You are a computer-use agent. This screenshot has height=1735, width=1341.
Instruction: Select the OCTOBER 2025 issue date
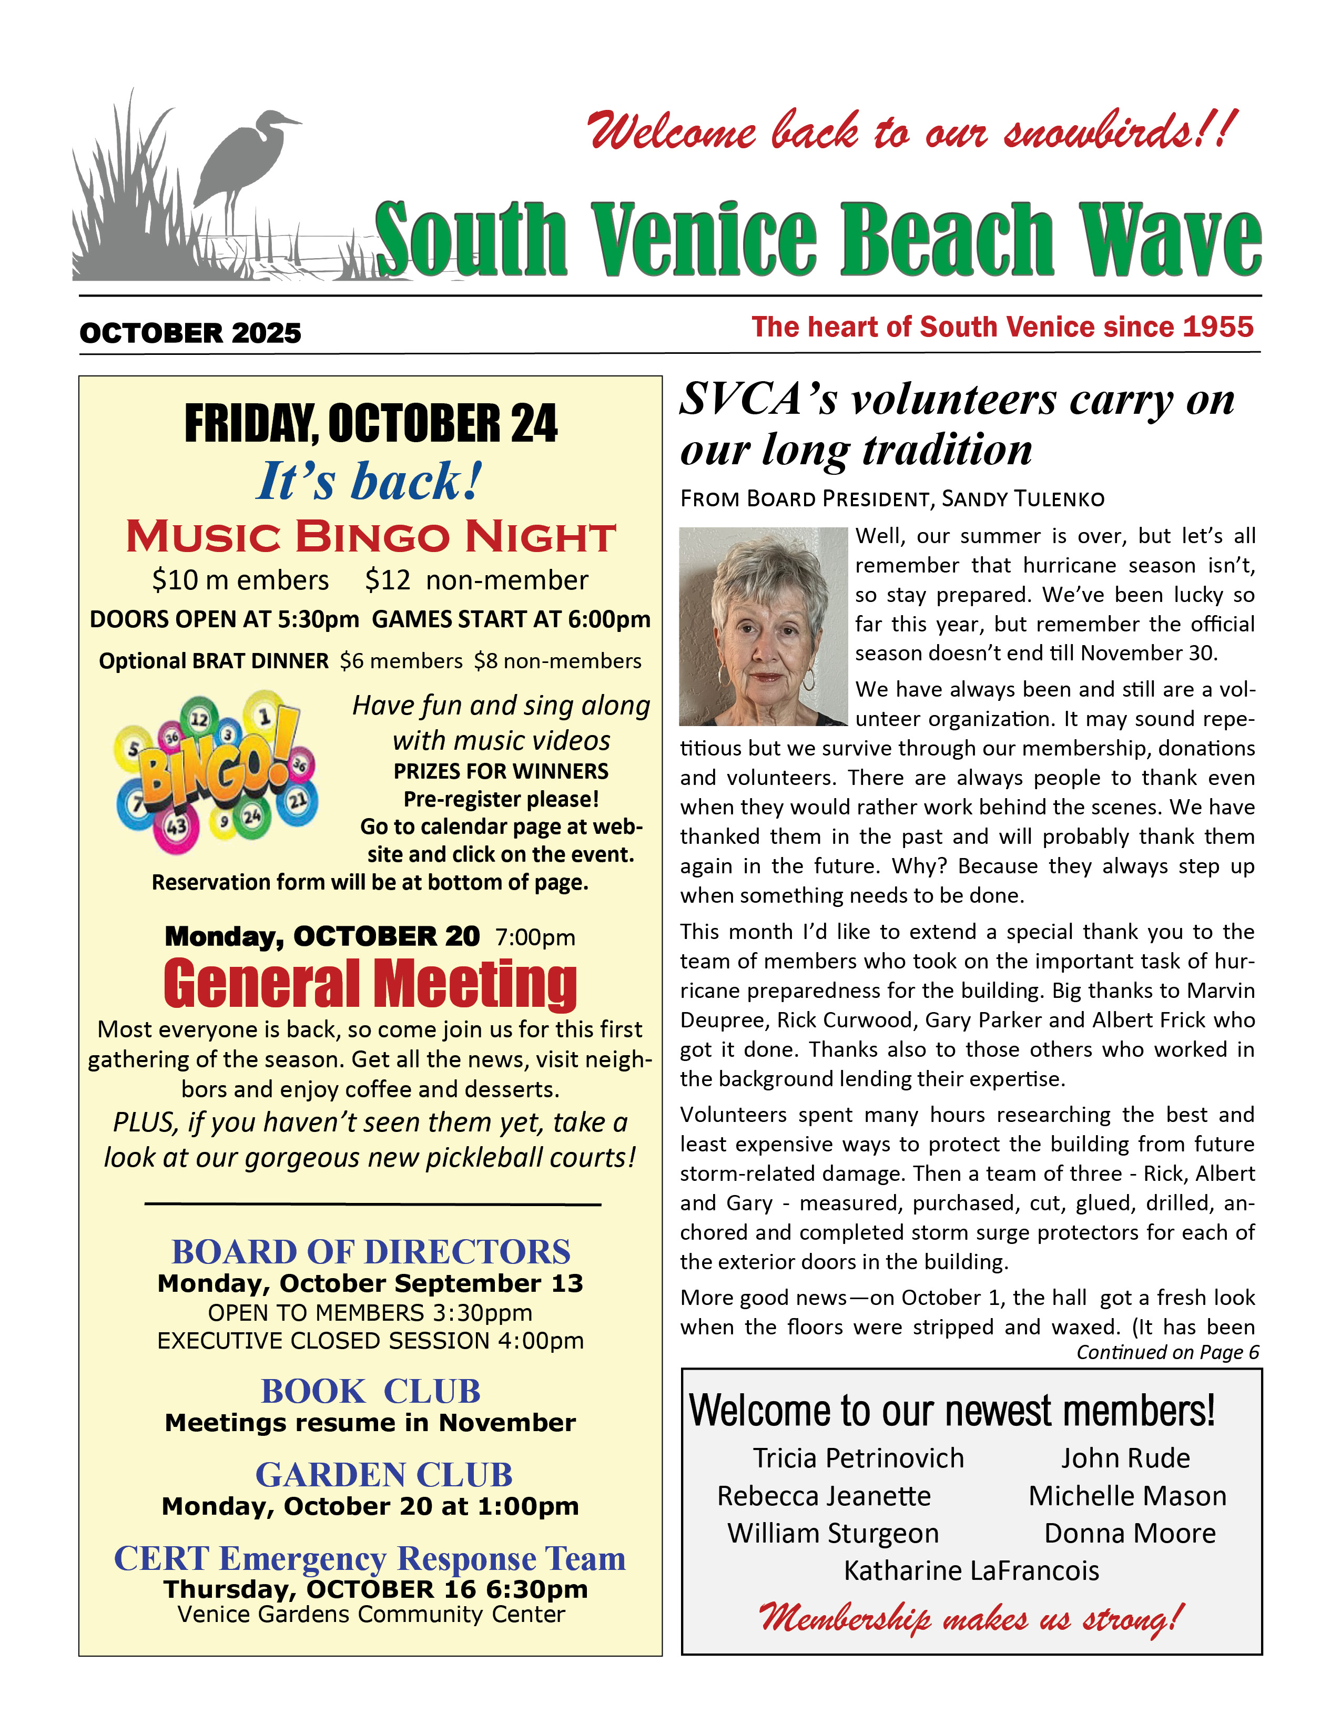coord(191,333)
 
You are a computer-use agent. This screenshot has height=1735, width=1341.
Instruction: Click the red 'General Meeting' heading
coord(370,984)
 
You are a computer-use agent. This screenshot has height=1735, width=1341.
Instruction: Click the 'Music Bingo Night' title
coord(370,537)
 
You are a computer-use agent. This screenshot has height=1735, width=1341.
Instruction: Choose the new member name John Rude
coord(1125,1458)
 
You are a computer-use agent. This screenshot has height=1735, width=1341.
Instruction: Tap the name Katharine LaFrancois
coord(971,1570)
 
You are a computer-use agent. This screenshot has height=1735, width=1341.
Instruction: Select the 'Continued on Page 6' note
coord(1167,1352)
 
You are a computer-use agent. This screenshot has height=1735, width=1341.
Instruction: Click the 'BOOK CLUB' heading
coord(370,1391)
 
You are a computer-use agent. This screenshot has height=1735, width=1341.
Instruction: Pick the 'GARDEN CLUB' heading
coord(384,1475)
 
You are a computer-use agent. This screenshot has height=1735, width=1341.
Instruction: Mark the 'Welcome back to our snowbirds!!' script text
coord(912,130)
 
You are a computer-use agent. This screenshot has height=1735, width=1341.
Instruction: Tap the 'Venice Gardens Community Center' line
coord(371,1615)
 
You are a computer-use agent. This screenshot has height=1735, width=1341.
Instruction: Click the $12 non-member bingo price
coord(476,581)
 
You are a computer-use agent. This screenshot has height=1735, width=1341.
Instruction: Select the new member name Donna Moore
coord(1129,1533)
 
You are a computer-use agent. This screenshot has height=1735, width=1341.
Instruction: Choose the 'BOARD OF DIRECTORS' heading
coord(371,1252)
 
